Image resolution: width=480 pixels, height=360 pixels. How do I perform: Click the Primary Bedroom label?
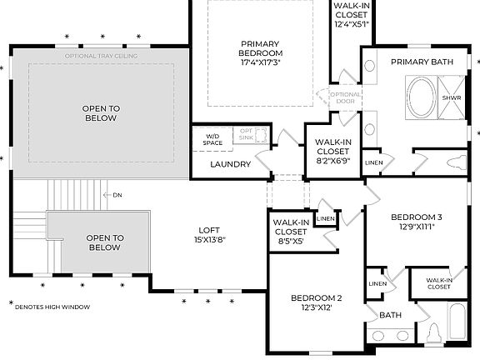pyautogui.click(x=261, y=52)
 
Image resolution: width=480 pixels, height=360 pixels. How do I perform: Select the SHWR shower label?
pyautogui.click(x=451, y=97)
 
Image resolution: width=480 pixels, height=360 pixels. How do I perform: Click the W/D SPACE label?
pyautogui.click(x=213, y=140)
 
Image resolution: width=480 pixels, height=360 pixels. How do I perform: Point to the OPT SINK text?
pyautogui.click(x=247, y=134)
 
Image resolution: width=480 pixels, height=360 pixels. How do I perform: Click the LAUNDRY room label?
pyautogui.click(x=231, y=164)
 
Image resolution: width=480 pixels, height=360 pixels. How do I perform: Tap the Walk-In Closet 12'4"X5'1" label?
pyautogui.click(x=351, y=14)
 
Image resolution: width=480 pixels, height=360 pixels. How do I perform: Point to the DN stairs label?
pyautogui.click(x=117, y=195)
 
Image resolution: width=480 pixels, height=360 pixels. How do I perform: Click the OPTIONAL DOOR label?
pyautogui.click(x=345, y=98)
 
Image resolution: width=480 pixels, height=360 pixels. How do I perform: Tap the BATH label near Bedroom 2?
pyautogui.click(x=391, y=316)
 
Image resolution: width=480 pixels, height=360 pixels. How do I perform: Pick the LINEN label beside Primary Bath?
pyautogui.click(x=374, y=162)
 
